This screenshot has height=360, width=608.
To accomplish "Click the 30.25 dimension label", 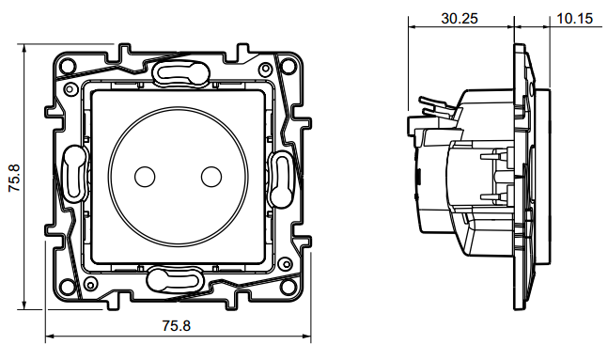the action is point(460,18).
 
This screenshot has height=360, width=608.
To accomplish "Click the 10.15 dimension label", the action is point(575,18).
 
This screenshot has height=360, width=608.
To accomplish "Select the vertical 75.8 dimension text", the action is point(15,178).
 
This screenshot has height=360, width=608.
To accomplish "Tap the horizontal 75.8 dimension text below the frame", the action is point(177,326).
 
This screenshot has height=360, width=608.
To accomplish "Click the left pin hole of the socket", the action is point(145,177).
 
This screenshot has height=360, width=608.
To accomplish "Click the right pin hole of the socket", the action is point(211,177).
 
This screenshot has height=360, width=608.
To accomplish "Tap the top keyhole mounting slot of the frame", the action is point(181,72).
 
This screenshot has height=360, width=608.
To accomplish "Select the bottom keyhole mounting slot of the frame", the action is point(176,280).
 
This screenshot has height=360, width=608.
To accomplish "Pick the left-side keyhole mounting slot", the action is point(74,173).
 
